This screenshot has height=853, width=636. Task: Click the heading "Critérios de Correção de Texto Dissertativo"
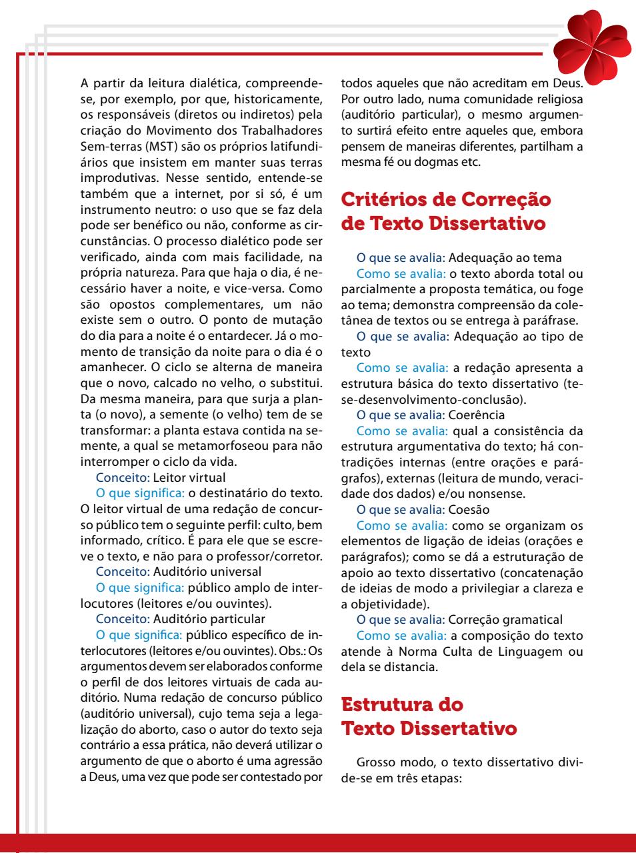[446, 211]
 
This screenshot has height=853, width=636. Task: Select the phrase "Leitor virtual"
[189, 477]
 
